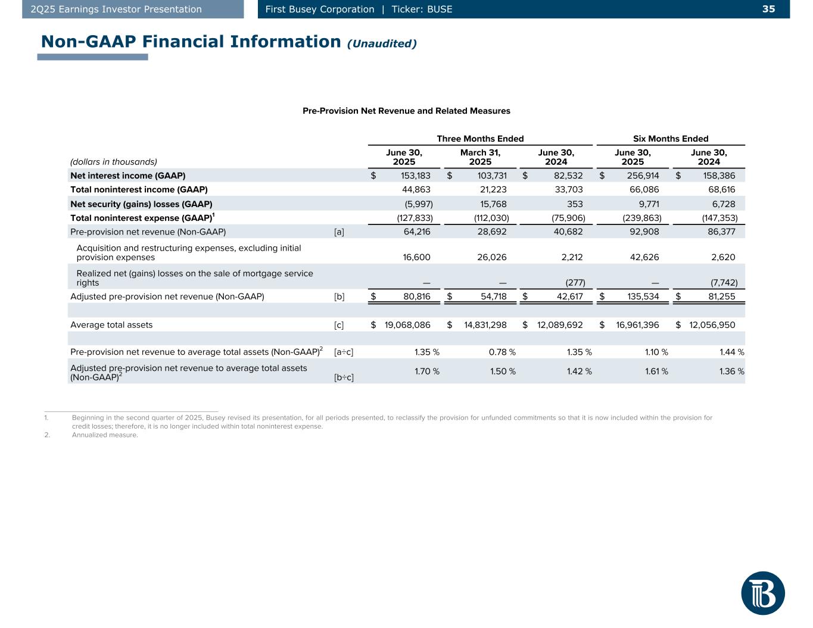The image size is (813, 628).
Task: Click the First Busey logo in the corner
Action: (x=763, y=593)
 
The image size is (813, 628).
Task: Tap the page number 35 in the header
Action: (x=768, y=9)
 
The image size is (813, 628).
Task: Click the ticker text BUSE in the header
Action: (x=440, y=9)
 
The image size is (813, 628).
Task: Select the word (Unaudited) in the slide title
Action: (x=382, y=43)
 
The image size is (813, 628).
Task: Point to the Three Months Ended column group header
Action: (x=480, y=139)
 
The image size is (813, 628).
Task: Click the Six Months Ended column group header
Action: (x=671, y=139)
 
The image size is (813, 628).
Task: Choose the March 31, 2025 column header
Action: (x=480, y=157)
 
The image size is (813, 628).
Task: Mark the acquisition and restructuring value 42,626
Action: (x=641, y=257)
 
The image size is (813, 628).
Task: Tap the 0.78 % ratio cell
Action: (x=502, y=352)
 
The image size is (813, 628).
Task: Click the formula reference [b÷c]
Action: (x=344, y=377)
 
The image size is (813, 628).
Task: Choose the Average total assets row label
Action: (x=111, y=325)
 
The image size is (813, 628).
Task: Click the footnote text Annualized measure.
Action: (x=105, y=435)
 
